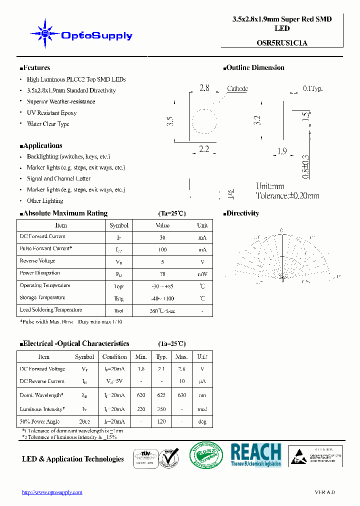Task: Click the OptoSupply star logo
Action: [x=44, y=34]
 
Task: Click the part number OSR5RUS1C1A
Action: [x=282, y=43]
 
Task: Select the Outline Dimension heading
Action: [x=255, y=68]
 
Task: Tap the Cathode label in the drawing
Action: [x=237, y=89]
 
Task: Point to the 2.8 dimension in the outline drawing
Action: [x=204, y=88]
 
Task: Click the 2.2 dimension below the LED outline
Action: [x=203, y=149]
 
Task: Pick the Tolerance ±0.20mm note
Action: [x=287, y=196]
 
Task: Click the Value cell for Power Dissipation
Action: [x=162, y=273]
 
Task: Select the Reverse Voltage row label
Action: [x=37, y=261]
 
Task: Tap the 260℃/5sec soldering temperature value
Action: [x=162, y=310]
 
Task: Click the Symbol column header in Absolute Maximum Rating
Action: [x=119, y=225]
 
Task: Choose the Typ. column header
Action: [x=161, y=357]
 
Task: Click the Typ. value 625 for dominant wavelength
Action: [x=161, y=395]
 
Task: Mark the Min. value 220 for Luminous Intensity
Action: [x=141, y=409]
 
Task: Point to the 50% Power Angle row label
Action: [x=39, y=421]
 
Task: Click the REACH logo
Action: [x=255, y=454]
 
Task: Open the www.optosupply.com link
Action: [x=52, y=492]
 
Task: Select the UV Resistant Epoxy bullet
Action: [x=51, y=113]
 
